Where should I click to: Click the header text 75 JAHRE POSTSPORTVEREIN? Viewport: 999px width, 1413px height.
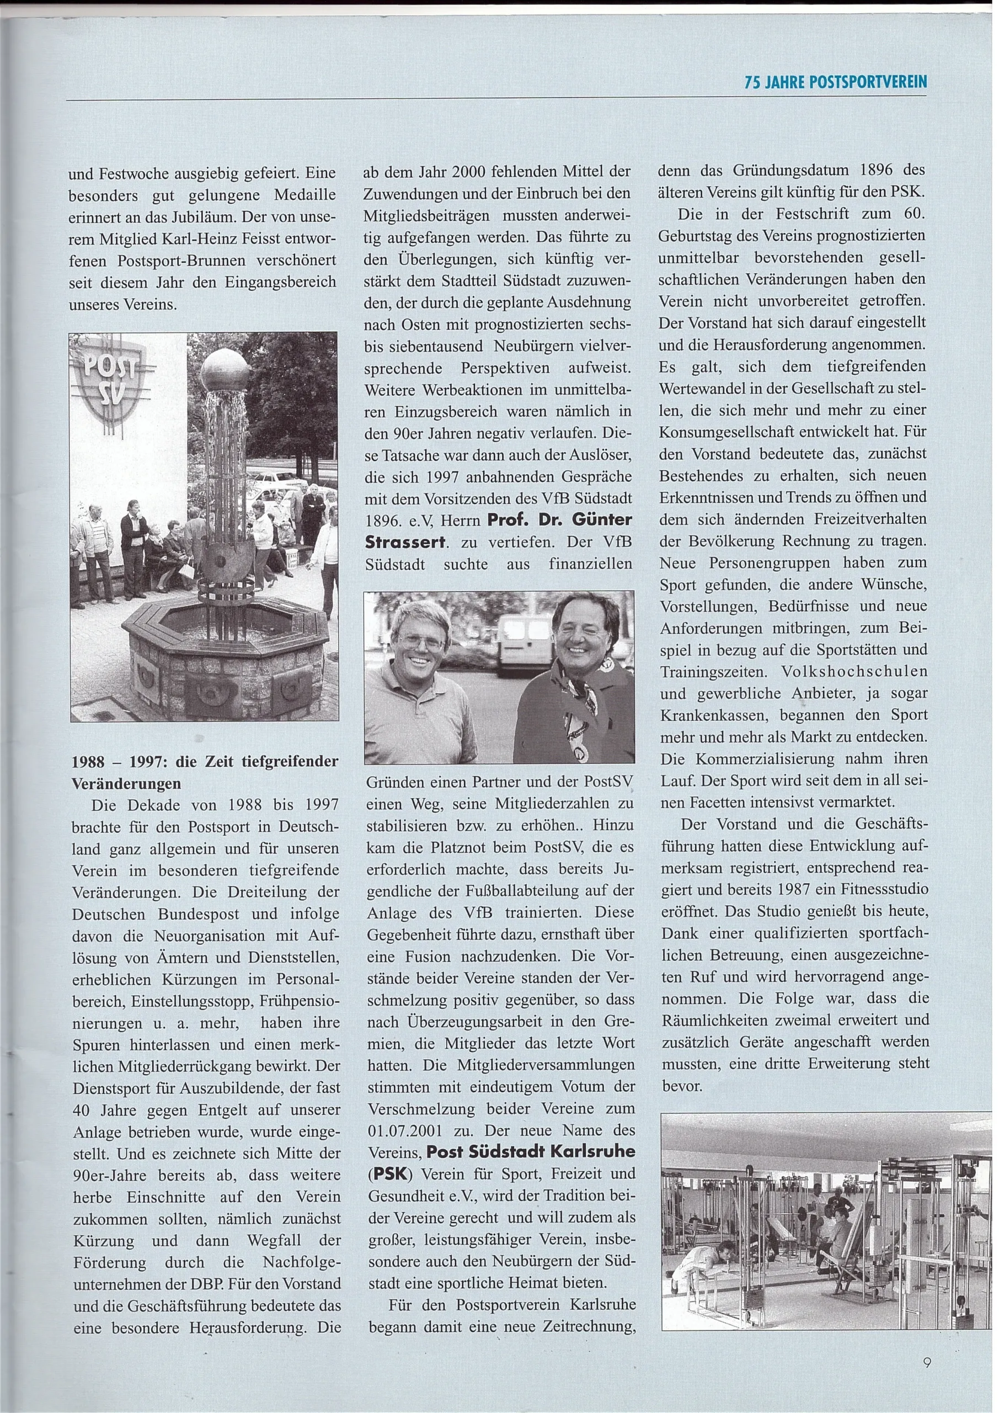835,82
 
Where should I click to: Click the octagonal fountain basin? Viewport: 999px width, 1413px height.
223,634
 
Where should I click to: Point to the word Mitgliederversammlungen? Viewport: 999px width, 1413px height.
546,1065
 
